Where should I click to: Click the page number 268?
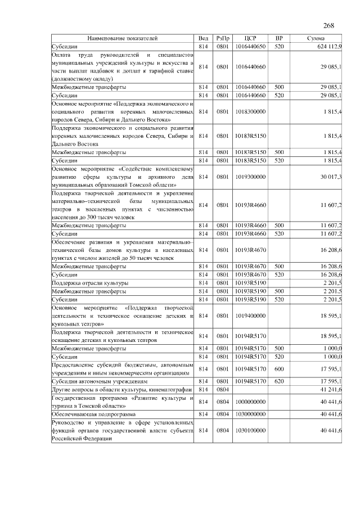[328, 26]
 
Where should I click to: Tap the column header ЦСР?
[251, 38]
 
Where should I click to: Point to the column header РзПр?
[223, 38]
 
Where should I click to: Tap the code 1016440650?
[251, 46]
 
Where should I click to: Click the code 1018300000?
[251, 111]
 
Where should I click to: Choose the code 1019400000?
[251, 317]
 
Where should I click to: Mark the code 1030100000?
[251, 430]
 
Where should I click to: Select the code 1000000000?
[251, 402]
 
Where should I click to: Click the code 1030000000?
[251, 413]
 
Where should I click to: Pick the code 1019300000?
[251, 177]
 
